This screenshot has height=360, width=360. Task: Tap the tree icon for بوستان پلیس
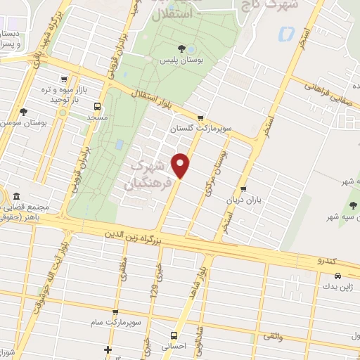click(182, 49)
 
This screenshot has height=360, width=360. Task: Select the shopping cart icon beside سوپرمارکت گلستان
click(201, 118)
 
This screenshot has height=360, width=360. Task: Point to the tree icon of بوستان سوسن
click(24, 112)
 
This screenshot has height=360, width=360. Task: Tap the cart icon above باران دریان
click(243, 188)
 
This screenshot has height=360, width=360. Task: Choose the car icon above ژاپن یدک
click(340, 276)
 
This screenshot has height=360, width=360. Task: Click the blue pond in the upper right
click(285, 34)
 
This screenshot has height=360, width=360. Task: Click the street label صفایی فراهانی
click(324, 91)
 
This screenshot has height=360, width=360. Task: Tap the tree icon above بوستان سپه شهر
click(353, 205)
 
